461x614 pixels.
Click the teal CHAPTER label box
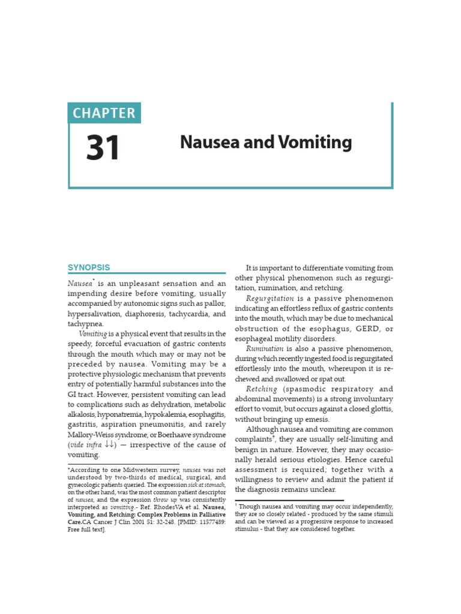[104, 113]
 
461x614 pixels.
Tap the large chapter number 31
[103, 148]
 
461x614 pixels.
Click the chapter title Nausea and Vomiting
[266, 143]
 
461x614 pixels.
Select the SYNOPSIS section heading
[88, 267]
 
